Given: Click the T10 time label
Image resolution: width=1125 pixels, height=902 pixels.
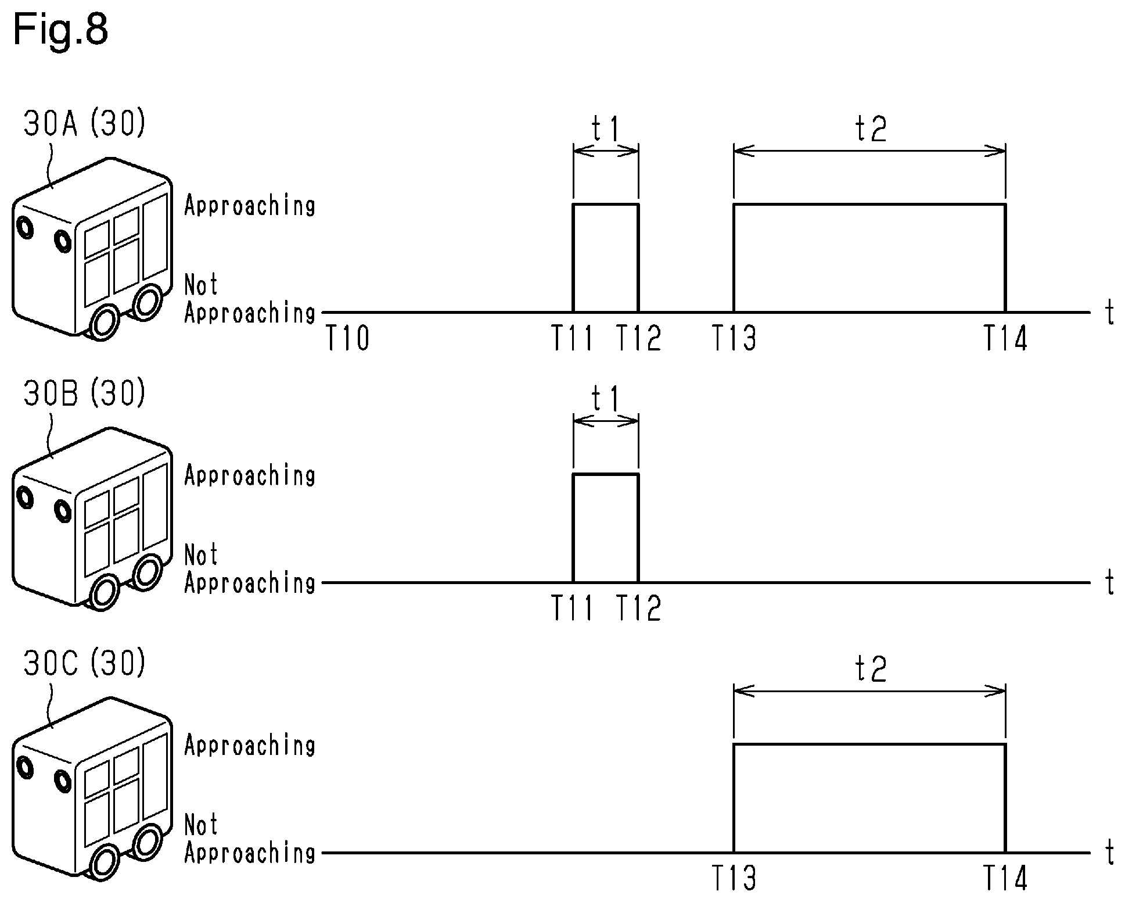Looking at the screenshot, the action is click(347, 338).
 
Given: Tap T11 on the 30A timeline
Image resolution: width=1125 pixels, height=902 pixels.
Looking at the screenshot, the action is click(573, 338).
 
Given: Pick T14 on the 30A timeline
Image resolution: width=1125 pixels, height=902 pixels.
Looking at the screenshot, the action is click(1005, 338).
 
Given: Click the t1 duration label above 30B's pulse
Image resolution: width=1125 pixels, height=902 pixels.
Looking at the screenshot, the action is click(606, 399).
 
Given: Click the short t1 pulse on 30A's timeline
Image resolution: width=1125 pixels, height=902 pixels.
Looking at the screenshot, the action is click(606, 204).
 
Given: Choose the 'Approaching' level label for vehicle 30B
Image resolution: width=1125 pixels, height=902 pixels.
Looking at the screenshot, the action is click(250, 476).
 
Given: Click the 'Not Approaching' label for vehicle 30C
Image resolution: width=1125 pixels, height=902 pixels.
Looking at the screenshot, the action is click(250, 839).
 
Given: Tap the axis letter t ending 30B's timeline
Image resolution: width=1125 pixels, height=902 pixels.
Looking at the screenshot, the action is click(1110, 583).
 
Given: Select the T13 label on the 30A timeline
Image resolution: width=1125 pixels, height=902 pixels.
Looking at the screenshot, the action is click(734, 338).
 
